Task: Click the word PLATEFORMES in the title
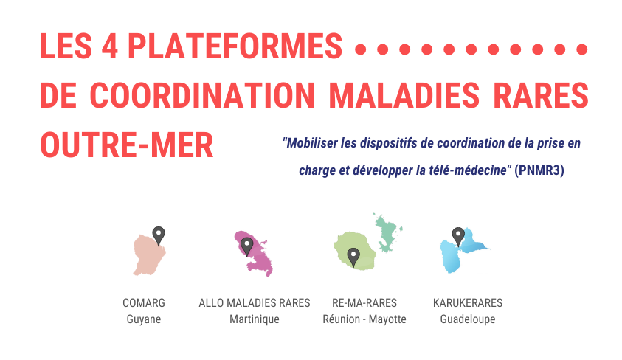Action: (235, 46)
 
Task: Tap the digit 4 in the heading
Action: (109, 46)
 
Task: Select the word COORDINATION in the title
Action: (202, 95)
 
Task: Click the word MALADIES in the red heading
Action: (404, 95)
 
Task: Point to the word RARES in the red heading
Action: (541, 95)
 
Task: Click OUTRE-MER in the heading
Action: (127, 145)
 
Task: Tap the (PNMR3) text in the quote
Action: (539, 170)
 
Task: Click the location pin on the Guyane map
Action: (159, 235)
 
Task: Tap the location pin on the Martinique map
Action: (246, 246)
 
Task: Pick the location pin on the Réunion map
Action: (353, 257)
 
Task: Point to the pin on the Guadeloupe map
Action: (458, 237)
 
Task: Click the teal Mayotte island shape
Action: (387, 233)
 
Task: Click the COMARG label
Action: (144, 303)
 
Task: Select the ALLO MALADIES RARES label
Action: (255, 303)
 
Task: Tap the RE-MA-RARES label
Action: (364, 303)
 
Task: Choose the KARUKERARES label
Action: (468, 303)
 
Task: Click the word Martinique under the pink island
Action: (255, 319)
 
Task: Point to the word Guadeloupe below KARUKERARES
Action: (468, 319)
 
